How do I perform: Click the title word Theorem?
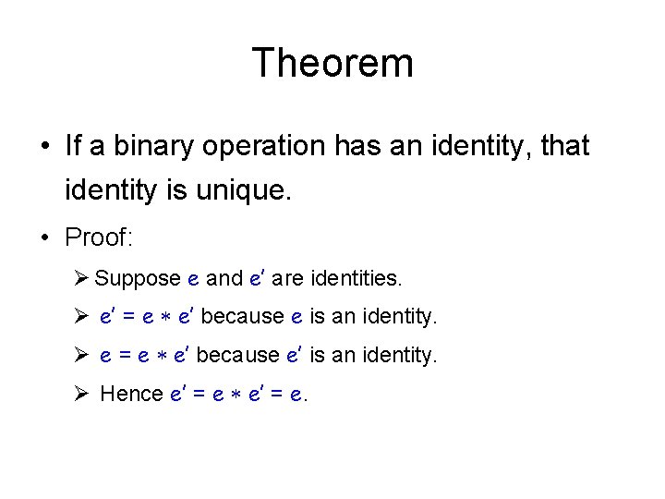pyautogui.click(x=332, y=64)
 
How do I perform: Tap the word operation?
pyautogui.click(x=255, y=146)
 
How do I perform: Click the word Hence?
pyautogui.click(x=131, y=394)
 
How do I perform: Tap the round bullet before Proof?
pyautogui.click(x=45, y=237)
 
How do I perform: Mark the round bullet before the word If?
pyautogui.click(x=45, y=147)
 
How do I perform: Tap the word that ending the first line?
pyautogui.click(x=562, y=146)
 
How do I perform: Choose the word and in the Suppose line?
pyautogui.click(x=224, y=277)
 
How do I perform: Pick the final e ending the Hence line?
pyautogui.click(x=296, y=395)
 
